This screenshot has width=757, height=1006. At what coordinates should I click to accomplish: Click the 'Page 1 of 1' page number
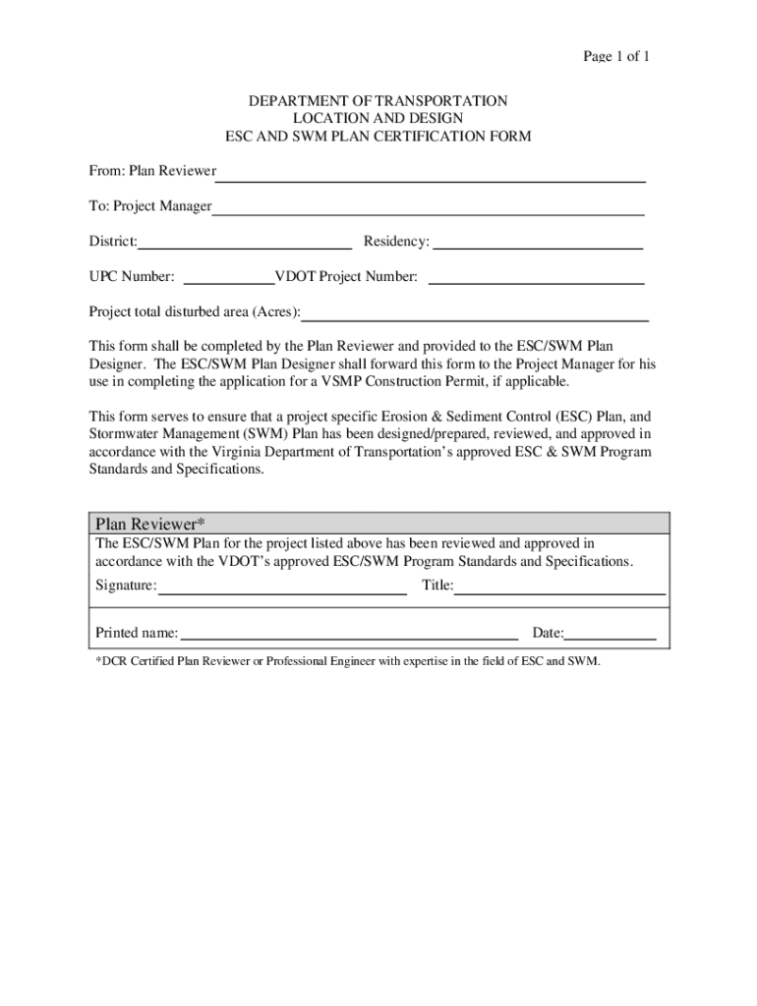615,56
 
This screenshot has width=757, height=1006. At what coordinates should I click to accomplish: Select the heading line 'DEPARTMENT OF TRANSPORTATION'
378,101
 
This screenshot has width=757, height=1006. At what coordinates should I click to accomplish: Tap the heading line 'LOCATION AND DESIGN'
378,119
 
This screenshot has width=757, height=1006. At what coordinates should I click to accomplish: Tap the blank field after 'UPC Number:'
228,279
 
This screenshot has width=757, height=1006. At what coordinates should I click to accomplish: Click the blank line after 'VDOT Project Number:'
536,279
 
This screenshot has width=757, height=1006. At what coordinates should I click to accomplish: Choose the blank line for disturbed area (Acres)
475,314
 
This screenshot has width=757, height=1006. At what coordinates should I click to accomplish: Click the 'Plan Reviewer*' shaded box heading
149,523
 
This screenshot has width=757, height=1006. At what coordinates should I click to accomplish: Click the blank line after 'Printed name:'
349,635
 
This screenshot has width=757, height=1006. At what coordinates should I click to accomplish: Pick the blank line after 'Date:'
611,635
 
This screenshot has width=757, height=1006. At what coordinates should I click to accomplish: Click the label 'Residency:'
396,242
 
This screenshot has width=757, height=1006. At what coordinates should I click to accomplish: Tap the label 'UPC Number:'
132,277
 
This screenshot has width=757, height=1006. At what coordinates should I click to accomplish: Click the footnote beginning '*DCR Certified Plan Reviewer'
347,661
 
